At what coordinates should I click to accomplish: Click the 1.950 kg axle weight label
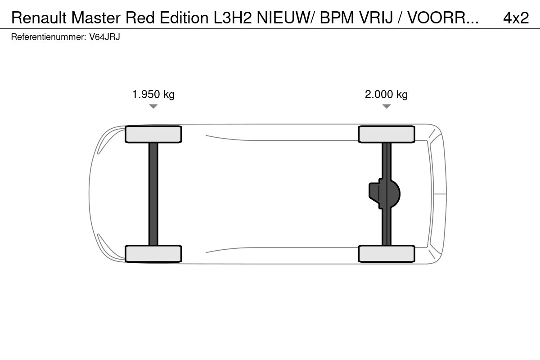(x=153, y=94)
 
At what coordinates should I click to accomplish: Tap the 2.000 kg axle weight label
(x=386, y=94)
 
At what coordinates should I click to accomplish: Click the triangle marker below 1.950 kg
(x=153, y=106)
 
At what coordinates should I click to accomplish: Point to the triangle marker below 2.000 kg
(x=387, y=106)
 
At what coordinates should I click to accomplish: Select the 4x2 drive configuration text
(x=516, y=18)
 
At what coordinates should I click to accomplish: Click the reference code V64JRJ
(x=104, y=37)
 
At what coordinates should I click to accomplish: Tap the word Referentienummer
(x=49, y=37)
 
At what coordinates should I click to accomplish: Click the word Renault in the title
(x=39, y=18)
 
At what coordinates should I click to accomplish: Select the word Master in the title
(x=96, y=18)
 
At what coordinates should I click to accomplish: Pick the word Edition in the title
(x=184, y=18)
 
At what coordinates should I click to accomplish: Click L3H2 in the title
(x=233, y=18)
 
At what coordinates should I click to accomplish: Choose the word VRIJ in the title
(x=377, y=18)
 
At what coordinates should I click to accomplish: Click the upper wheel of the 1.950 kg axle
(x=153, y=134)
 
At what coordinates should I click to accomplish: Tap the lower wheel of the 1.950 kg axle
(x=153, y=254)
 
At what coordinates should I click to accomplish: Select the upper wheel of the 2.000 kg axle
(x=387, y=134)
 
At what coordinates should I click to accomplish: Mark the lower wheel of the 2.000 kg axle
(x=387, y=254)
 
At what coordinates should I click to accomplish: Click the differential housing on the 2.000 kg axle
(x=384, y=193)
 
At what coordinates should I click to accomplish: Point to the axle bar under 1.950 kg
(x=153, y=194)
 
